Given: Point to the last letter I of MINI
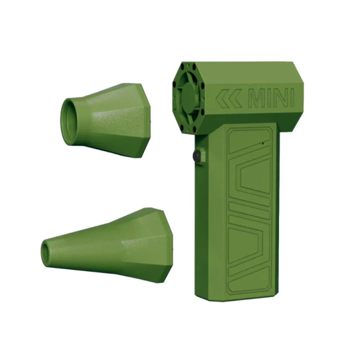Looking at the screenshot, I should pos(291,98).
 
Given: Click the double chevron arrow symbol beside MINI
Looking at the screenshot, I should pos(228,99).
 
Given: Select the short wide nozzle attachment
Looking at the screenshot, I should pos(104,119).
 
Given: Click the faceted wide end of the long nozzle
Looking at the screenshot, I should pos(149,244).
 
